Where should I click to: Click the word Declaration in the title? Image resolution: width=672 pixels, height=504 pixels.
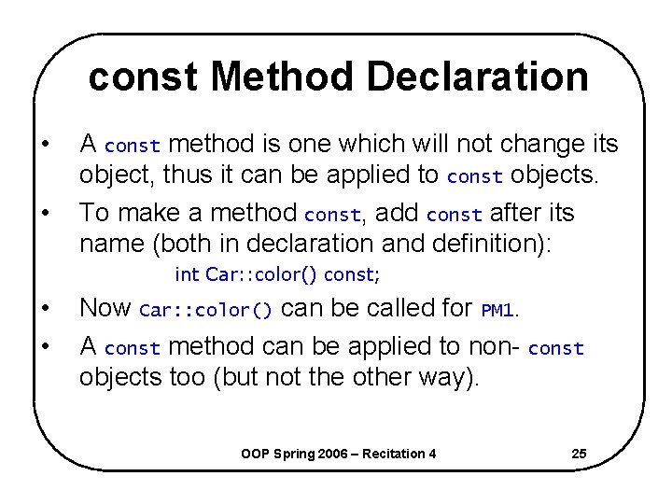coord(478,77)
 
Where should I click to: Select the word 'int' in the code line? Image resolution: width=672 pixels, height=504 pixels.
coord(187,274)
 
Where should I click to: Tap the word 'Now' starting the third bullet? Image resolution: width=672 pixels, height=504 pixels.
coord(105,308)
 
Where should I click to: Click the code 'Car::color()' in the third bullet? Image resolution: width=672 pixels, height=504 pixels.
coord(206,310)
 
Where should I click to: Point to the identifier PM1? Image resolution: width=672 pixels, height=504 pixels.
coord(497,310)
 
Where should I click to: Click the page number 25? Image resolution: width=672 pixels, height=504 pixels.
coord(579,454)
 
